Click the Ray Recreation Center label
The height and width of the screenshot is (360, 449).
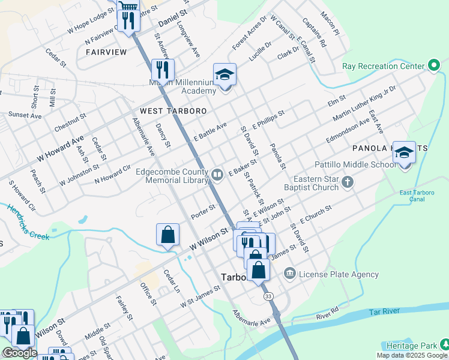[383, 66]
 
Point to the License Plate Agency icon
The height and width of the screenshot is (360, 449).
[290, 274]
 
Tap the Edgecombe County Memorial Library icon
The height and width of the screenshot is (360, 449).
[217, 175]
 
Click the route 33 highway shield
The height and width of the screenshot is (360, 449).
[268, 296]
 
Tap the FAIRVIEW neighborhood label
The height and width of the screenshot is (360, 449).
[106, 52]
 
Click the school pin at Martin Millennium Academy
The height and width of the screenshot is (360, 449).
[224, 76]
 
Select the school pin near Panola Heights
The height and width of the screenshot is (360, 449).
[405, 154]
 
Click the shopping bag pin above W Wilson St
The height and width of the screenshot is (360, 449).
[168, 235]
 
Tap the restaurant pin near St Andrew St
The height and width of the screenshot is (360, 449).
[162, 70]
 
